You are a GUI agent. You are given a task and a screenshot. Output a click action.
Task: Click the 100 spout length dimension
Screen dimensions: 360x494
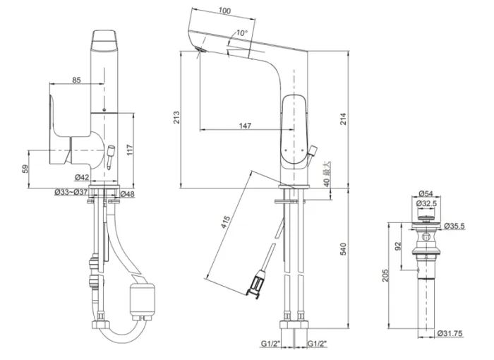pos(225,11)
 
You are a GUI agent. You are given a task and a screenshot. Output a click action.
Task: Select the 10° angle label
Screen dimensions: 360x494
pos(242,33)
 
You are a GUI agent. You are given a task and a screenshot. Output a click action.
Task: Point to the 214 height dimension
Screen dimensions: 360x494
pos(344,119)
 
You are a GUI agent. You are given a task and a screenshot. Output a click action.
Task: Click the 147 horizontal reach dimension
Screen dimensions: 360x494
pos(245,126)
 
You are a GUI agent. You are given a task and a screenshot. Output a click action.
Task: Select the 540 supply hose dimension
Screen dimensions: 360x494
pos(344,249)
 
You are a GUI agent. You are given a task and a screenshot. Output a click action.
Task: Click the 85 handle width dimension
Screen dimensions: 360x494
pos(76,80)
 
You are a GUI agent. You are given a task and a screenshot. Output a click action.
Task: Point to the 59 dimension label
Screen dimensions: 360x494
pos(25,169)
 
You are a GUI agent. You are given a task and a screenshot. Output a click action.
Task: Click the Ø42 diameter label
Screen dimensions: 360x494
pos(82,177)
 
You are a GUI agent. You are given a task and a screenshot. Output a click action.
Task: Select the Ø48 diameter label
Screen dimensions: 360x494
pos(127,193)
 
